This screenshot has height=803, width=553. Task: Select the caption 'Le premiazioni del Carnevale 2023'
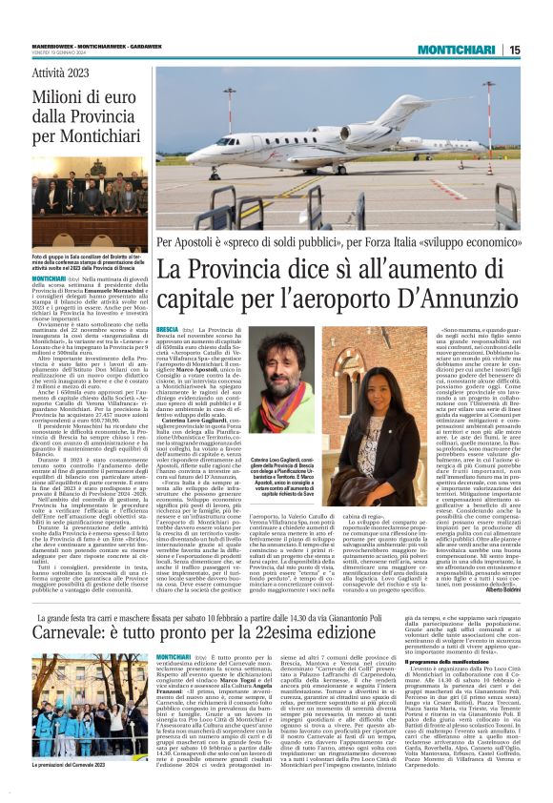(x=64, y=767)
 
